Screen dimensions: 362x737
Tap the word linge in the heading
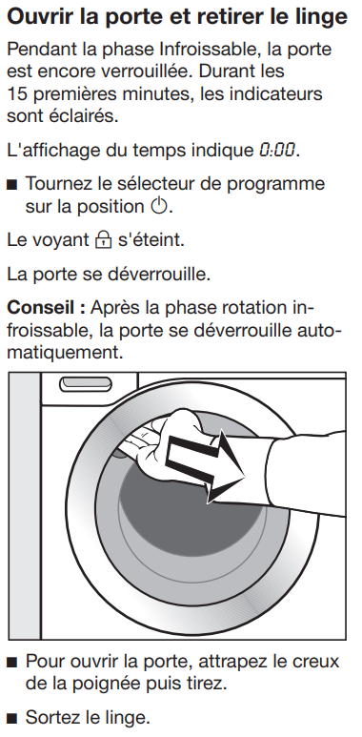(324, 18)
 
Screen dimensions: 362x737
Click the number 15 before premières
(16, 93)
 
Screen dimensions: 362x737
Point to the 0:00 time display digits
(277, 150)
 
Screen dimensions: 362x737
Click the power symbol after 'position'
(159, 206)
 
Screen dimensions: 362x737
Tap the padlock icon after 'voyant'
(103, 240)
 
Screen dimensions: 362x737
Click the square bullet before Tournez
(11, 185)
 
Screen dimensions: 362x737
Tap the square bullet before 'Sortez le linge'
(11, 719)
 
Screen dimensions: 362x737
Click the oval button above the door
(86, 384)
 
